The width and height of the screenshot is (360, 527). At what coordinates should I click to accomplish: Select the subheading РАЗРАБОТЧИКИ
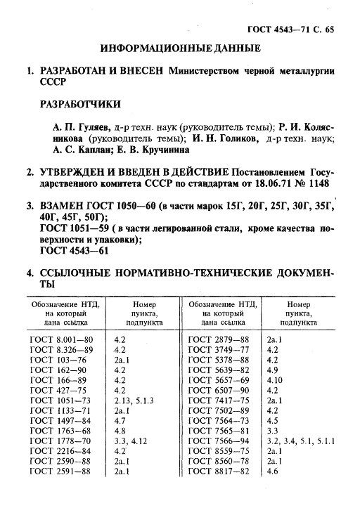point(79,105)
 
